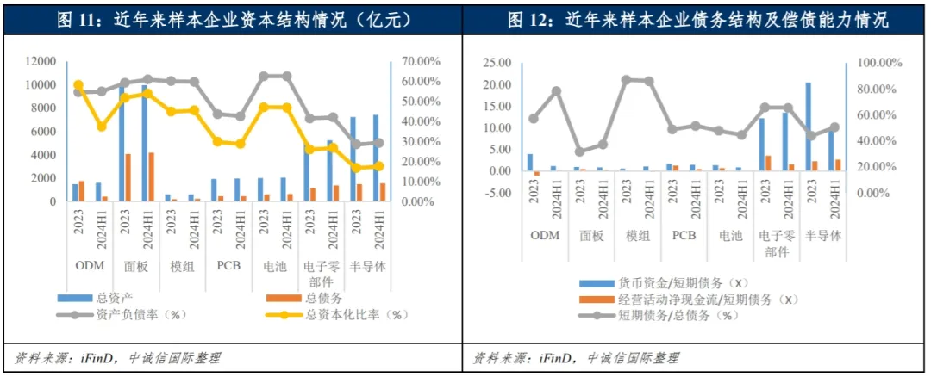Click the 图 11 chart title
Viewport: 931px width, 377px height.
(x=228, y=18)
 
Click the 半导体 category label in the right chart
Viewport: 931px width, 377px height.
(x=822, y=235)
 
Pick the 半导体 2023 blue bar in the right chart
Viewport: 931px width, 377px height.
(x=808, y=127)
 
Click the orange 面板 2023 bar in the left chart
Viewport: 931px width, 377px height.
(x=128, y=178)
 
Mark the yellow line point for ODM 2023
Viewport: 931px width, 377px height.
(x=78, y=85)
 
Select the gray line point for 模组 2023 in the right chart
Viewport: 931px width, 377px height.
(x=626, y=79)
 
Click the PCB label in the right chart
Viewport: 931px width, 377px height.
(x=684, y=235)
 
